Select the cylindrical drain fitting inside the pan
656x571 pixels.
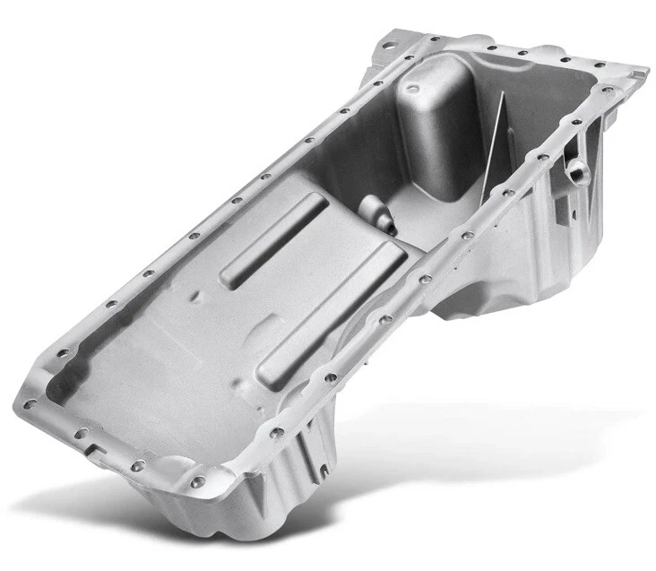tap(375, 216)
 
